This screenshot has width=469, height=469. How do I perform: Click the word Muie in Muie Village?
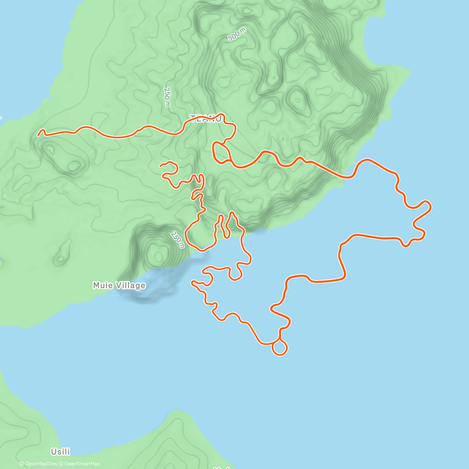(102, 285)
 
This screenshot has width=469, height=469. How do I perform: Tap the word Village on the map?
(130, 285)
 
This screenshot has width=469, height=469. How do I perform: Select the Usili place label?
(60, 452)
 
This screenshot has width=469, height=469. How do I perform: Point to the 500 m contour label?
(237, 35)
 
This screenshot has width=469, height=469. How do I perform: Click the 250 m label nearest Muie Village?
(177, 240)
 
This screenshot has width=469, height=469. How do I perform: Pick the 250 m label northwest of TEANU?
(167, 97)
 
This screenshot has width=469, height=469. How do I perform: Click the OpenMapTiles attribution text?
(38, 464)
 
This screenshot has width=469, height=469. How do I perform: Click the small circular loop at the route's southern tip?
(279, 347)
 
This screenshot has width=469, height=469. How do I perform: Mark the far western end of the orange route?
(38, 135)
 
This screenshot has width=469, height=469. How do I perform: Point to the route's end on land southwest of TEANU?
(160, 166)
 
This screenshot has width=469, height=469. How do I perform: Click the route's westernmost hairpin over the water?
(192, 281)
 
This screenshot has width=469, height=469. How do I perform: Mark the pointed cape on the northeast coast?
(410, 72)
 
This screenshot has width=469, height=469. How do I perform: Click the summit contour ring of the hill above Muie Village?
(158, 256)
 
